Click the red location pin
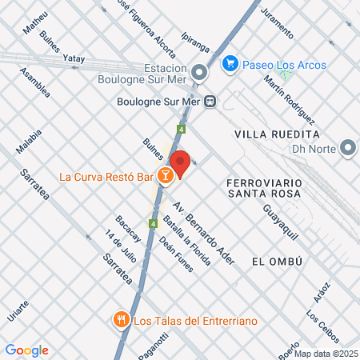181,162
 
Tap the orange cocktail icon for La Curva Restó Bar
165,176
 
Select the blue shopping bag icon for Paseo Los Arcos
230,62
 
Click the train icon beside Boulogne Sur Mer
210,102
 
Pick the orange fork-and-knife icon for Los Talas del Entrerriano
122,320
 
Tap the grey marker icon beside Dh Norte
347,147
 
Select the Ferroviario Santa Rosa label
264,188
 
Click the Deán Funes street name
176,255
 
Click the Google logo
26,350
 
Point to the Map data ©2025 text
325,353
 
